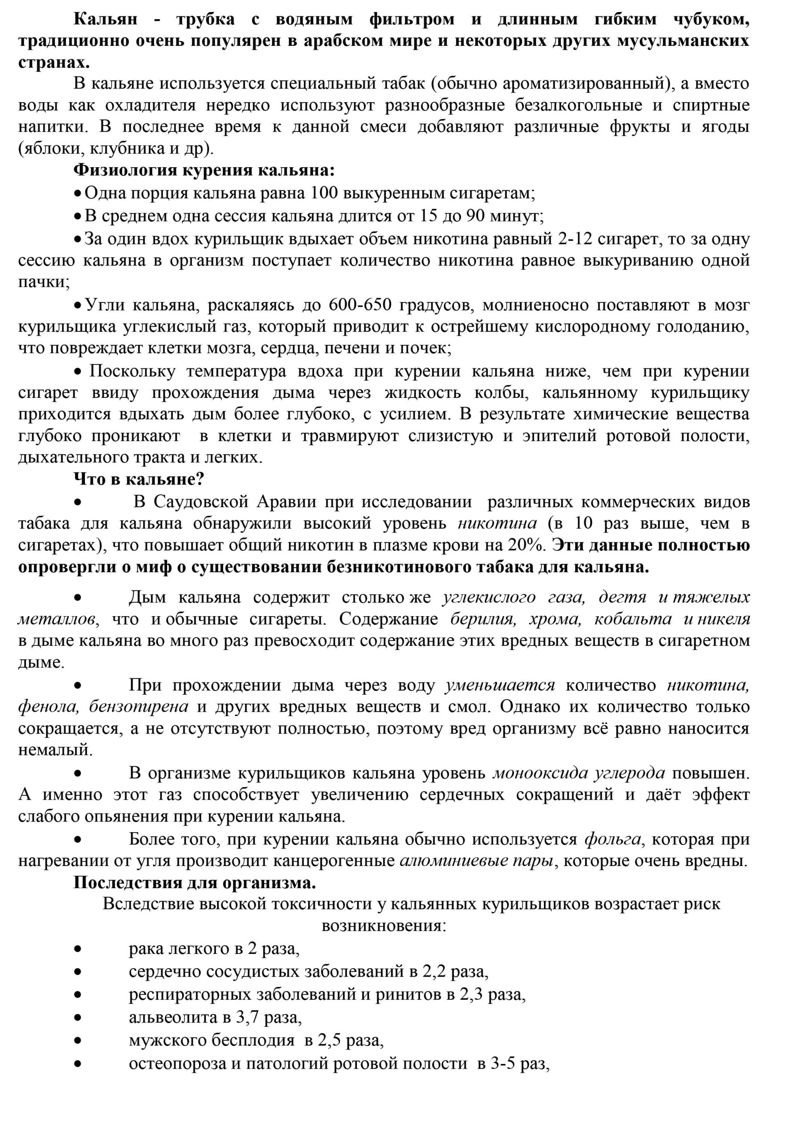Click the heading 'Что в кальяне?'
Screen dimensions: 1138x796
139,479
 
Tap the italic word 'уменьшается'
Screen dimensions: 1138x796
500,685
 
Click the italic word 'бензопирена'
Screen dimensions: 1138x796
138,706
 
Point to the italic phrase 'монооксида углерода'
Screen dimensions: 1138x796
578,773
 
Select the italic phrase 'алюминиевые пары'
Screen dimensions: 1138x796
476,861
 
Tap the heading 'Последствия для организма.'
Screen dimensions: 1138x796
195,883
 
